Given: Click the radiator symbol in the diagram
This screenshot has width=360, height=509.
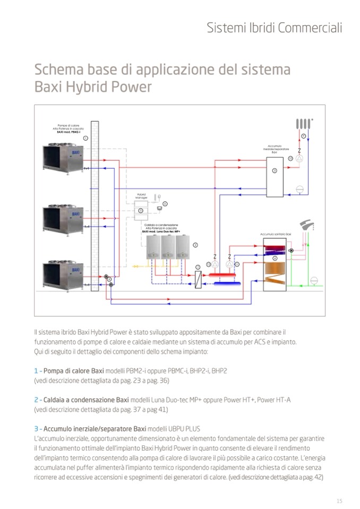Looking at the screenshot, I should coord(303,124).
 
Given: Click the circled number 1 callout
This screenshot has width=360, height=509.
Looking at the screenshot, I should coord(85,137).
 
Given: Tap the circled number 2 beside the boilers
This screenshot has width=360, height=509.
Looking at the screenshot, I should coord(195,245).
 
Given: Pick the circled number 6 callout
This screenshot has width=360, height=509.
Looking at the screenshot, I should coord(165,203).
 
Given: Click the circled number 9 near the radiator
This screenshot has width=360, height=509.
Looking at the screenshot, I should coord(304,136).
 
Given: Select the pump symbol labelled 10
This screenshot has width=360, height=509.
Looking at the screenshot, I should coord(299,158).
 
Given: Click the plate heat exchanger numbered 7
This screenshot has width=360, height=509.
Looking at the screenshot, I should coord(198,279).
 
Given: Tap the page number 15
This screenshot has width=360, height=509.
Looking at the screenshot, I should coord(339,501).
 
